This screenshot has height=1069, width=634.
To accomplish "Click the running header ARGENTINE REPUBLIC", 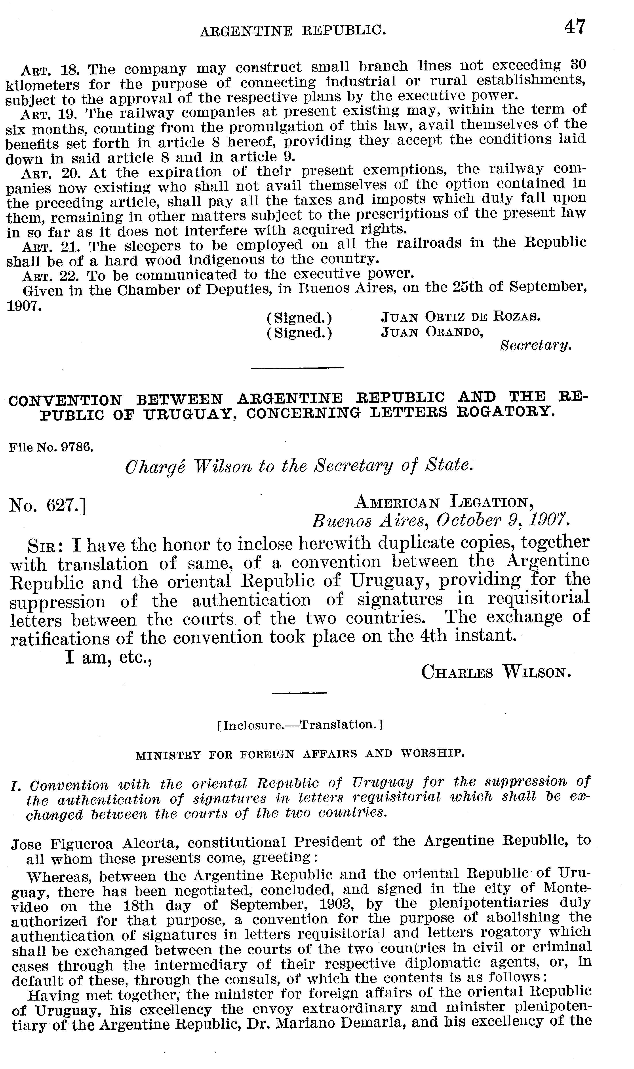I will click(x=293, y=31).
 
